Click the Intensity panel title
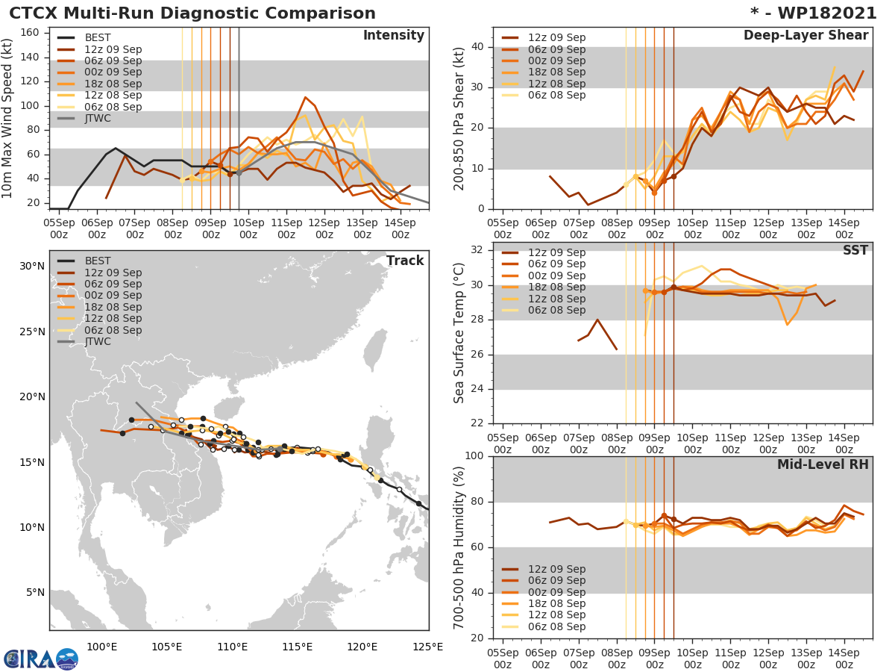coord(393,36)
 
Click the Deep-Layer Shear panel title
coord(805,36)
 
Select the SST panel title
coord(855,250)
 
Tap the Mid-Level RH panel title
coord(823,464)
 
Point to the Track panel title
coord(404,261)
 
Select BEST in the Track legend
coord(98,261)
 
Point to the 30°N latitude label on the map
coord(31,266)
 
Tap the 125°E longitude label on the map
coord(428,646)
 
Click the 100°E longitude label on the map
coord(101,646)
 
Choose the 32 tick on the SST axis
coord(477,250)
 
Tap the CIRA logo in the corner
coord(40,659)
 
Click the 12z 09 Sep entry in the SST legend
coord(556,252)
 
